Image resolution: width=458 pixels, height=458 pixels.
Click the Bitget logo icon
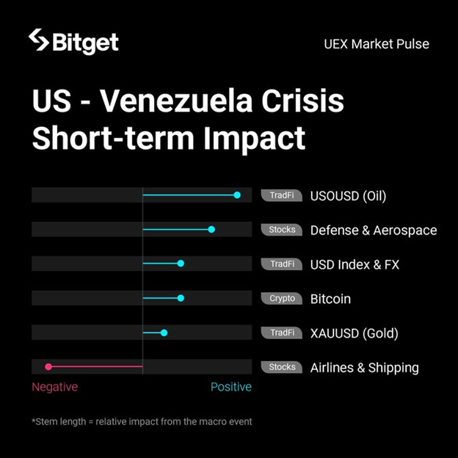click(39, 40)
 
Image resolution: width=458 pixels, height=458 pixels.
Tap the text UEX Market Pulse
click(376, 43)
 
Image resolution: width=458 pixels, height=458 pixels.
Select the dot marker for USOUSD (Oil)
click(237, 195)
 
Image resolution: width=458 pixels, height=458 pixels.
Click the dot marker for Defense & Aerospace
click(211, 230)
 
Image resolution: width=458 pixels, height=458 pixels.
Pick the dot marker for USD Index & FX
click(181, 263)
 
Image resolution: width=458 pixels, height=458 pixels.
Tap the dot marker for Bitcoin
click(181, 298)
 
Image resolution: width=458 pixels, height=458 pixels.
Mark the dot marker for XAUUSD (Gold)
click(164, 332)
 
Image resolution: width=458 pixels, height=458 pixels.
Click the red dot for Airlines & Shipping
click(48, 366)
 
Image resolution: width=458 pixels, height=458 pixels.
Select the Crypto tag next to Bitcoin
click(282, 299)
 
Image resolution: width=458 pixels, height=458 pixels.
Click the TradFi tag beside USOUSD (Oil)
click(282, 196)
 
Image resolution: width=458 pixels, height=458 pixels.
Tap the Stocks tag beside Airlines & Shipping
click(282, 367)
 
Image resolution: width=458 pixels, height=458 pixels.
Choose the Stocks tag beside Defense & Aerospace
click(282, 230)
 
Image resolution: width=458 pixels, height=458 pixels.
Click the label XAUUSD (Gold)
click(354, 333)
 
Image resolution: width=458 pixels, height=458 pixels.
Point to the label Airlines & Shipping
click(364, 368)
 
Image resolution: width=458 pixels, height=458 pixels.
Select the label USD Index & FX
click(355, 264)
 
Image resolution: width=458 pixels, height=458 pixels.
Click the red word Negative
click(54, 387)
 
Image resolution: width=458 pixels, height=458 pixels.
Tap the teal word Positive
click(230, 387)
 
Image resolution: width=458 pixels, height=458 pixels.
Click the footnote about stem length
click(142, 421)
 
